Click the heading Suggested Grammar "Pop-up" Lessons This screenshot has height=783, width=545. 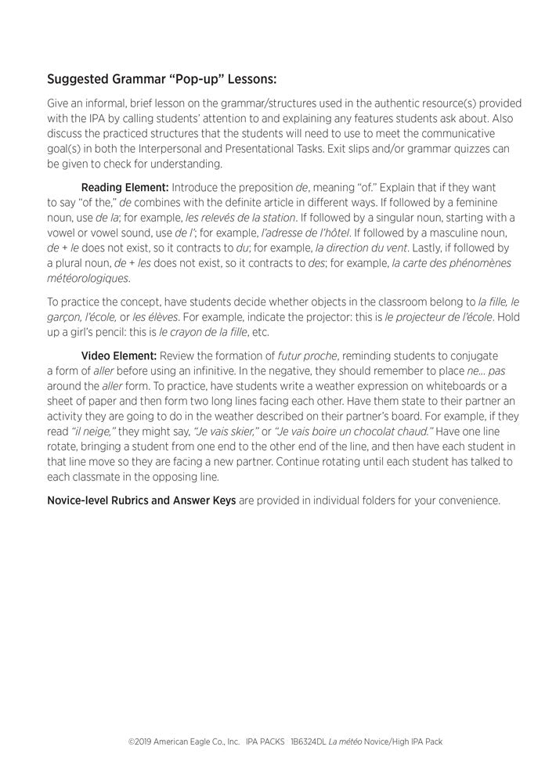click(x=161, y=79)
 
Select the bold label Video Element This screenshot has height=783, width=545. click(x=119, y=356)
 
